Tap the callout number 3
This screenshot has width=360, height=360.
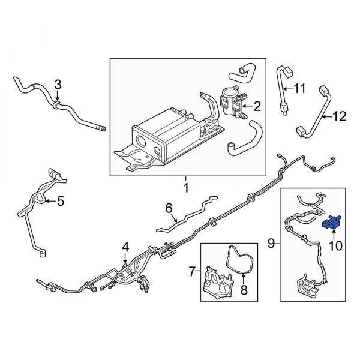58,85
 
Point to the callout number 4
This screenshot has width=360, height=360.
125,247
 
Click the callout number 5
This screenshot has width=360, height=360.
60,202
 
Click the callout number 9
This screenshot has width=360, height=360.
271,244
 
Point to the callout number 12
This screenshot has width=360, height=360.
339,117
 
